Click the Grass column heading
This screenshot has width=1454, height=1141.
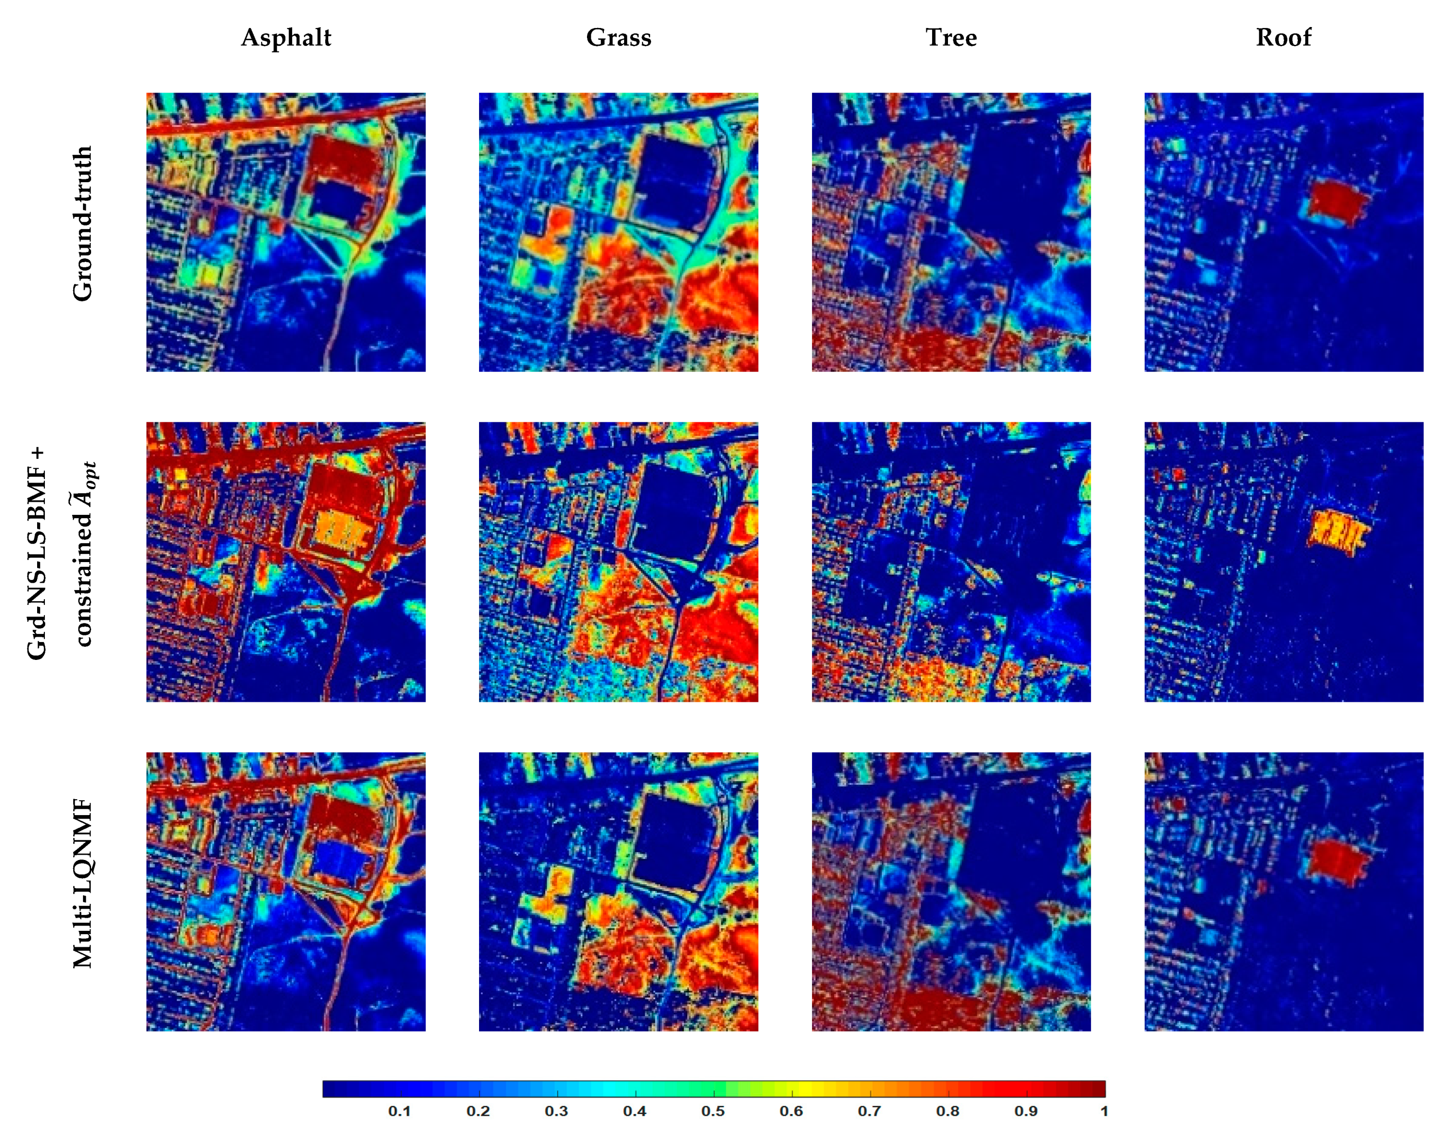[x=618, y=38]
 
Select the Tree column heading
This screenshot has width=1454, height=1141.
[x=950, y=38]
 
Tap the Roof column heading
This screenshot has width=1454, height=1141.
[x=1282, y=38]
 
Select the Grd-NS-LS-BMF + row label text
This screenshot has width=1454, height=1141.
[x=38, y=553]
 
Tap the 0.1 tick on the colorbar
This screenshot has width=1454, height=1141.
[x=400, y=1111]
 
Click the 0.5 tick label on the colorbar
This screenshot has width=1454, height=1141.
[x=713, y=1111]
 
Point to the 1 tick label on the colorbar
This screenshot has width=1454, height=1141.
[x=1104, y=1111]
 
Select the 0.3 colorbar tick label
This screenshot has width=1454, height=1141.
[x=556, y=1111]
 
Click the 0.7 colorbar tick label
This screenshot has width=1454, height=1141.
[x=869, y=1111]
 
